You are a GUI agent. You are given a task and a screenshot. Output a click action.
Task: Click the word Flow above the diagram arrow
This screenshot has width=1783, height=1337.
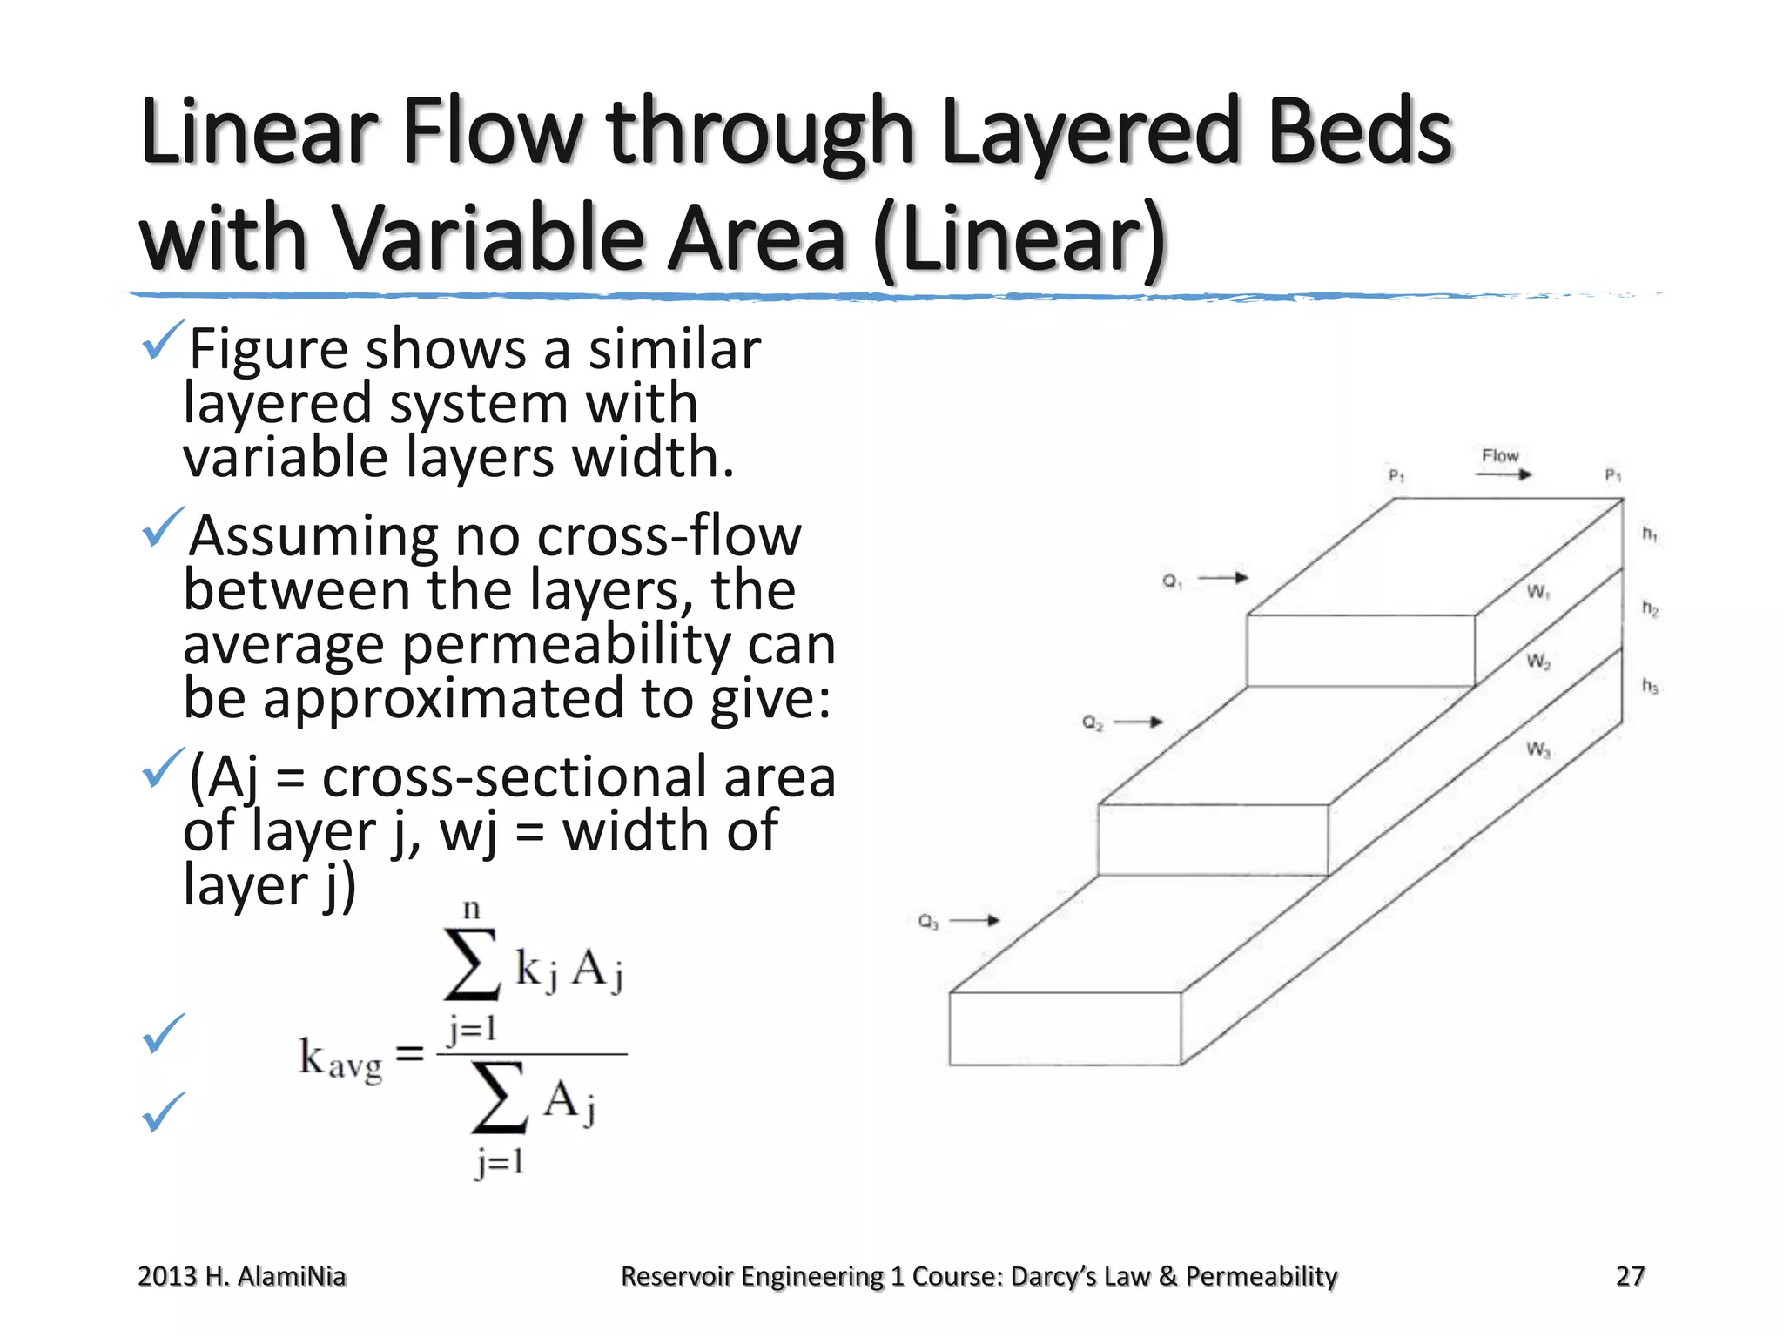tap(1499, 455)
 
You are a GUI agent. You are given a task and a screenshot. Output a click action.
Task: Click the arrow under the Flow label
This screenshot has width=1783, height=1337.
tap(1504, 474)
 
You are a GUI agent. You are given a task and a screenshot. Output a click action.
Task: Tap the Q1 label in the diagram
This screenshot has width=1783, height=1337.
tap(1172, 581)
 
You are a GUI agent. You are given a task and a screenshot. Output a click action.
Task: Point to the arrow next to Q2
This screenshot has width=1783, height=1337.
tap(1139, 722)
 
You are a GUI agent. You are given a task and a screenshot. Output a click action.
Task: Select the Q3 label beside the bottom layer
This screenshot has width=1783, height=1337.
tap(928, 921)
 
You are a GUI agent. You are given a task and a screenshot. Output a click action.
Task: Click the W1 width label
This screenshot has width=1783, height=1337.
tap(1537, 592)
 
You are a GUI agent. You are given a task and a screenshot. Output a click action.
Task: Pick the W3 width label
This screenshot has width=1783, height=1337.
tap(1538, 749)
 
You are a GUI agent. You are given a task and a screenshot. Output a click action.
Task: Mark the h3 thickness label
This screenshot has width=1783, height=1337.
tap(1650, 686)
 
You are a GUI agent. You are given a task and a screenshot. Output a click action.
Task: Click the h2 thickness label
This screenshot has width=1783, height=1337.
tap(1650, 608)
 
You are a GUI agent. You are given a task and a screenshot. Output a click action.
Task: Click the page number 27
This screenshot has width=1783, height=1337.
tap(1630, 1276)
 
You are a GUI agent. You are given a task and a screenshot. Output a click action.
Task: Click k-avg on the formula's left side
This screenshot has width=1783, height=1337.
tap(340, 1059)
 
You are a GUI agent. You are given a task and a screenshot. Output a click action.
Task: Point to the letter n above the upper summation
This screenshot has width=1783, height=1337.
tap(471, 910)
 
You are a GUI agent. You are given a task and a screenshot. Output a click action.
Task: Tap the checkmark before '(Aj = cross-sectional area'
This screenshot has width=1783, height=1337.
tap(162, 768)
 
